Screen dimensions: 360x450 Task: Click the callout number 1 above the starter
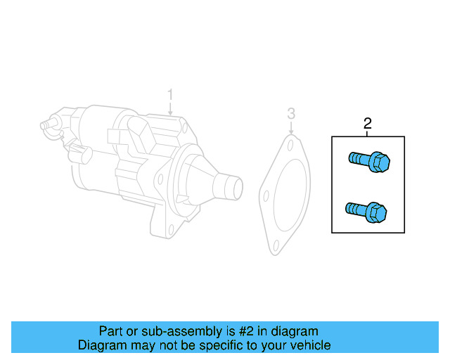[169, 94]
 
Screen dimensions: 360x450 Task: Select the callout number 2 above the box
[367, 124]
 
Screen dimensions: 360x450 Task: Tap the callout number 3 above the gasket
[291, 114]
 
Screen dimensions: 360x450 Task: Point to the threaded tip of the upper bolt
[352, 158]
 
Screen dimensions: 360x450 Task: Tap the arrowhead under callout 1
[170, 112]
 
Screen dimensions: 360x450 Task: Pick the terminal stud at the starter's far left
[45, 124]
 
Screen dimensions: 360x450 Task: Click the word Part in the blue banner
[111, 331]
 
